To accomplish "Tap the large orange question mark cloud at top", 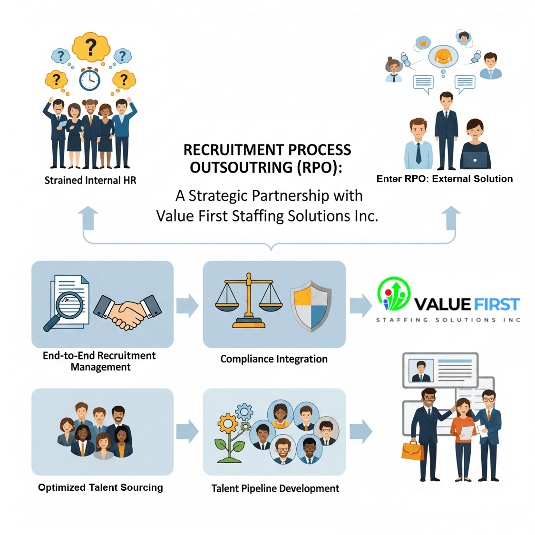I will pyautogui.click(x=90, y=47).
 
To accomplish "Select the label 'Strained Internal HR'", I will pyautogui.click(x=90, y=181).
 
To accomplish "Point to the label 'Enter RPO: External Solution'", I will pyautogui.click(x=445, y=179).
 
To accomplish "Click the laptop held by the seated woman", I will pyautogui.click(x=475, y=160).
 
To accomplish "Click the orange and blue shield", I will pyautogui.click(x=311, y=306).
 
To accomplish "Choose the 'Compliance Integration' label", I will pyautogui.click(x=274, y=359).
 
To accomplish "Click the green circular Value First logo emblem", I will pyautogui.click(x=394, y=293).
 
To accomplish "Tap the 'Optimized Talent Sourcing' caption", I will pyautogui.click(x=100, y=487).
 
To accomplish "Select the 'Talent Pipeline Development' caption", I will pyautogui.click(x=275, y=488).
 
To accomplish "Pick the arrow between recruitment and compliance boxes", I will pyautogui.click(x=187, y=306).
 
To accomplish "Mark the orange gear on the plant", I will pyautogui.click(x=228, y=422).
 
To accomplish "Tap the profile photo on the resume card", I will pyautogui.click(x=421, y=371).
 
